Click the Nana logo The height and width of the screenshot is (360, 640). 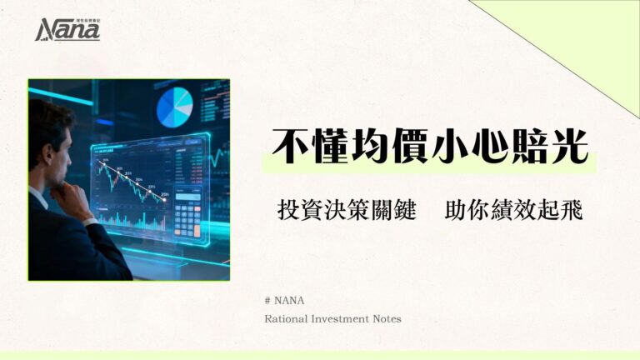pyautogui.click(x=67, y=30)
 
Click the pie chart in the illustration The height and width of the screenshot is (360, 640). pyautogui.click(x=175, y=107)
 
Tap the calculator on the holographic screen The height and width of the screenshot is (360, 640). pyautogui.click(x=187, y=217)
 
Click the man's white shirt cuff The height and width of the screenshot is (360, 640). pyautogui.click(x=90, y=221)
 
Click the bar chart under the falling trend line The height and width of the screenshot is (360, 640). pyautogui.click(x=133, y=222)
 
